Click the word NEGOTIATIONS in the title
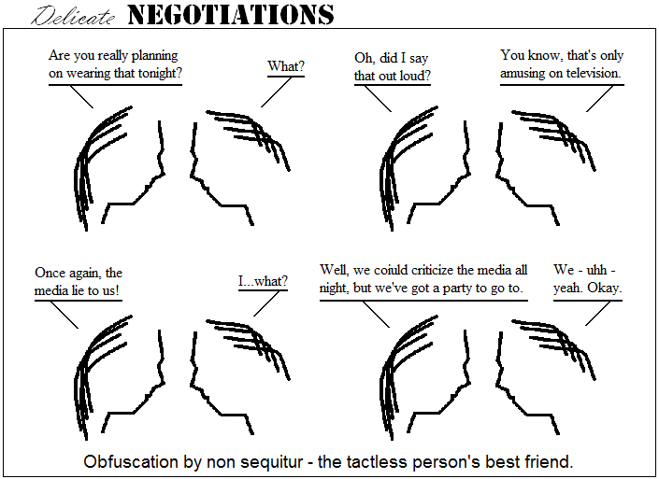[231, 15]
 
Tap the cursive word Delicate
[73, 16]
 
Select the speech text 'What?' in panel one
[286, 66]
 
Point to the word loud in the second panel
[413, 76]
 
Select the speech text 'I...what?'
[263, 281]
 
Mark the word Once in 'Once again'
[49, 273]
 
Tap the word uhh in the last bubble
[596, 270]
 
